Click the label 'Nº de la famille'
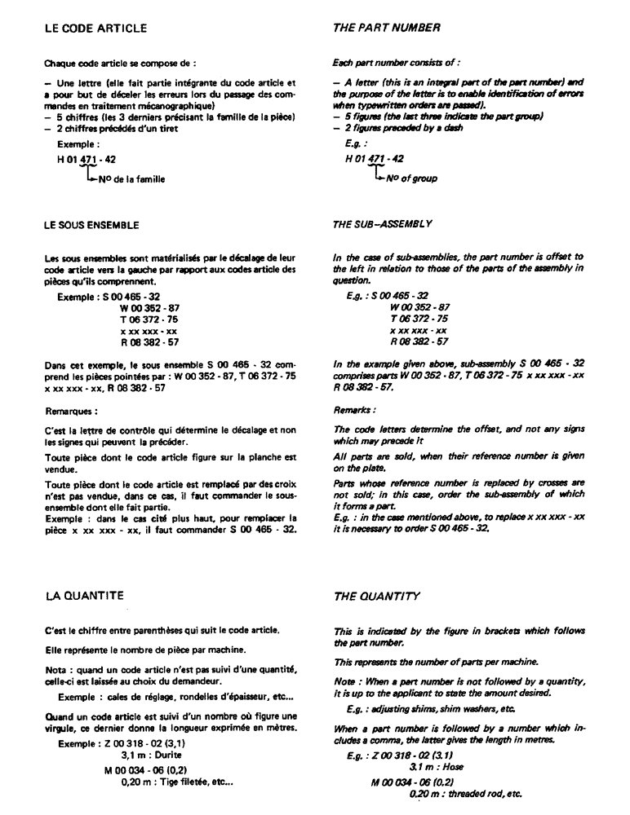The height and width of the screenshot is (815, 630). [131, 180]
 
